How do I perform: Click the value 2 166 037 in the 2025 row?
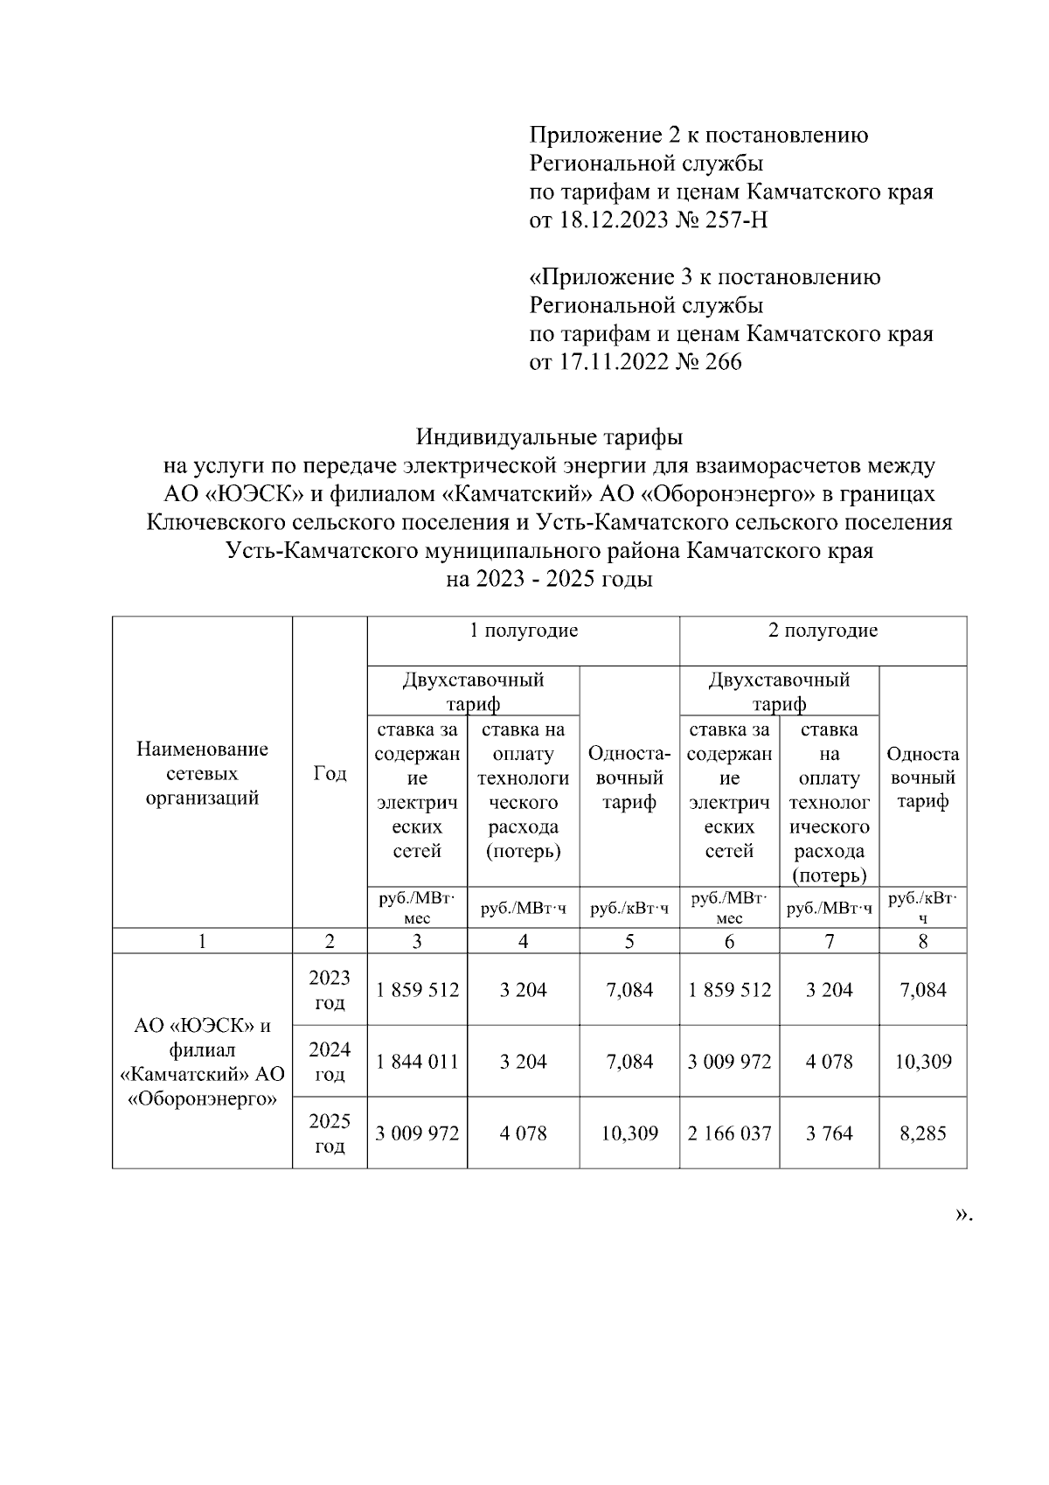[729, 1133]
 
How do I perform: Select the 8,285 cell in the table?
[923, 1133]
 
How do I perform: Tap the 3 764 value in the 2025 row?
[830, 1133]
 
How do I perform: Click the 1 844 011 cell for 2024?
[417, 1062]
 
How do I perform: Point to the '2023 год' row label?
[330, 990]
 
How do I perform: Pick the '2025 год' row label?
[330, 1133]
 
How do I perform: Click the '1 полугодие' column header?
[524, 631]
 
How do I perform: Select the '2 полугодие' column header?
[823, 631]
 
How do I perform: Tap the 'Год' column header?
[330, 774]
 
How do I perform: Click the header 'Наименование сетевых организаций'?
[202, 774]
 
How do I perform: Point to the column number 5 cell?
[629, 942]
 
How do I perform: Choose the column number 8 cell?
[923, 942]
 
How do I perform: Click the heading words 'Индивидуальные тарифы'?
[549, 436]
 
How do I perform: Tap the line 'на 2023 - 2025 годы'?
[549, 579]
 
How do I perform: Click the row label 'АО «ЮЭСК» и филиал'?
[202, 1037]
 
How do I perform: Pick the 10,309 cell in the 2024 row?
[923, 1062]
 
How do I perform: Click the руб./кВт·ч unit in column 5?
[629, 910]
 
